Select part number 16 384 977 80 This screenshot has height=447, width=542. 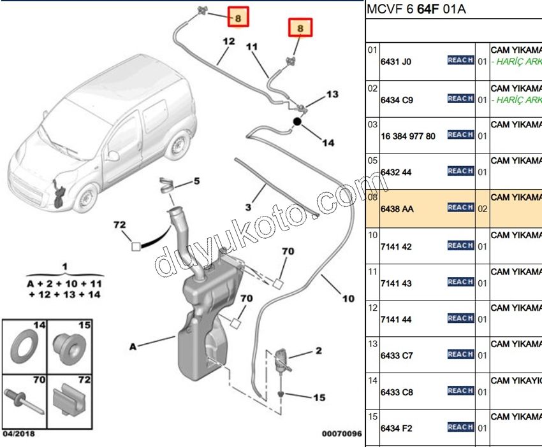point(408,136)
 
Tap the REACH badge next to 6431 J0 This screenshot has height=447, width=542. point(460,60)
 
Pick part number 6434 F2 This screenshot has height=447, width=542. point(397,429)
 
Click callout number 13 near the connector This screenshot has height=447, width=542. point(332,94)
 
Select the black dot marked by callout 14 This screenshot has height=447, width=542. point(297,121)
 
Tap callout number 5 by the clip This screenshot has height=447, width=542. point(196,181)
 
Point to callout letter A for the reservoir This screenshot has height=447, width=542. point(133,347)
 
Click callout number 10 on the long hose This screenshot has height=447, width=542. point(348,299)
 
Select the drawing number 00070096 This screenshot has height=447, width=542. point(341,434)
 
